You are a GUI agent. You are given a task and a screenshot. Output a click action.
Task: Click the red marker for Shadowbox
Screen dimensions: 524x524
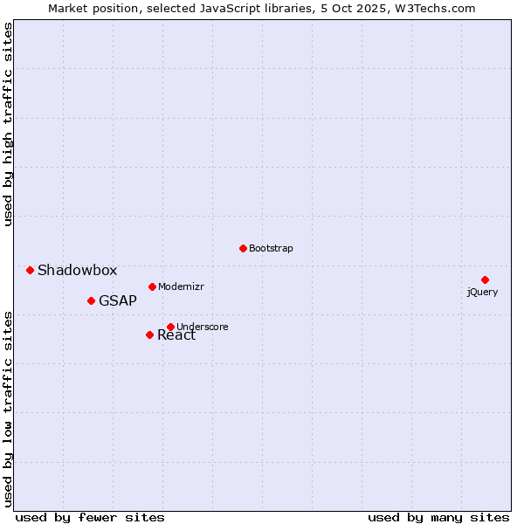tap(30, 270)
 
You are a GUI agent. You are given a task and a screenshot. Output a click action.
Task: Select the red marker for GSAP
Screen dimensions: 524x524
tap(91, 300)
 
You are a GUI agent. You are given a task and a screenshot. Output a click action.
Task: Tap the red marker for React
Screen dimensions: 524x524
tap(149, 334)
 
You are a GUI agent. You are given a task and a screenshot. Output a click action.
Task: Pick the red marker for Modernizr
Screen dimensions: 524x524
tap(152, 286)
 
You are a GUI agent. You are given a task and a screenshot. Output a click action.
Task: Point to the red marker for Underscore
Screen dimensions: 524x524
tap(170, 327)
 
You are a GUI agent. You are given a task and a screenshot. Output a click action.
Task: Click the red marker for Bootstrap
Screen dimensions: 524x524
tap(243, 248)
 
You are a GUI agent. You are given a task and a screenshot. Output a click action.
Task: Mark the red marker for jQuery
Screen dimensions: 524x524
tap(485, 279)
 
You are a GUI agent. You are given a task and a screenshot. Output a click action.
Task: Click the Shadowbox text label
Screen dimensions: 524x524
tap(77, 271)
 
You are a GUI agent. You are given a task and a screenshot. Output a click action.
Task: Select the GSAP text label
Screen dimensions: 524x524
tap(118, 301)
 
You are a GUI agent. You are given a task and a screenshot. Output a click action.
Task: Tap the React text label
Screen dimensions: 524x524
tap(177, 336)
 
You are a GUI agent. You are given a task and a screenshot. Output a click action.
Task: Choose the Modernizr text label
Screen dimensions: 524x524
tap(181, 287)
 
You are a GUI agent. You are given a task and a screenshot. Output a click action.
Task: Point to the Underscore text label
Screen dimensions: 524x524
tap(203, 327)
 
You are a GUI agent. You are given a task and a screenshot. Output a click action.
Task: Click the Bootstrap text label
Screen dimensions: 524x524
tap(271, 249)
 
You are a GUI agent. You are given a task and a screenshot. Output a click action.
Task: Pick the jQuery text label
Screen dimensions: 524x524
tap(482, 292)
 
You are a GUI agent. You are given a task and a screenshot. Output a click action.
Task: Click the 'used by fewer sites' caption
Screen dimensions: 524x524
tap(90, 518)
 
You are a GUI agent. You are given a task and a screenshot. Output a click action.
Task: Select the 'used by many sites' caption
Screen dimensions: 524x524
tap(438, 518)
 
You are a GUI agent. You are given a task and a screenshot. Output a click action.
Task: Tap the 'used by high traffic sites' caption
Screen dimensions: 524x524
tap(9, 124)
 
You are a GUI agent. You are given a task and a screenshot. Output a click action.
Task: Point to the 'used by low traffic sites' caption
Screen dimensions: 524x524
tap(9, 408)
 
